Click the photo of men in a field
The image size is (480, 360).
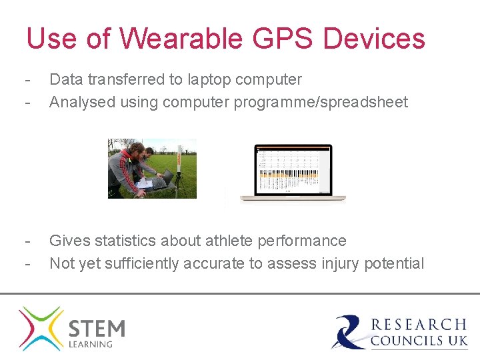tap(152, 168)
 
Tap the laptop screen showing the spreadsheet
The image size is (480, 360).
tap(293, 169)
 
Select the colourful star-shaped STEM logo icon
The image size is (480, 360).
tap(41, 328)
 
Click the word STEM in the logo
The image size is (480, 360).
tap(97, 329)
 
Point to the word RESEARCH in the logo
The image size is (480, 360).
tap(419, 325)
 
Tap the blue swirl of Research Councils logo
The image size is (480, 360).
tap(349, 331)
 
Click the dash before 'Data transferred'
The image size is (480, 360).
tap(27, 79)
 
